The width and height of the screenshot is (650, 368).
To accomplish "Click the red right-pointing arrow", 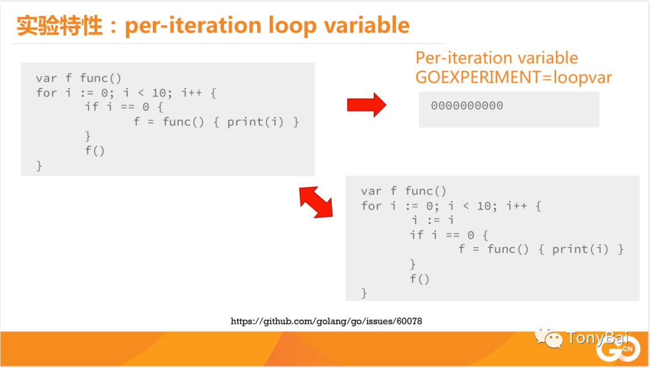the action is [x=367, y=105].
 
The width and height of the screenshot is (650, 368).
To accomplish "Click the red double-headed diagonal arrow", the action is [x=316, y=202].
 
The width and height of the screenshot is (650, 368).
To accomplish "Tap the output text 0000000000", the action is [x=467, y=106].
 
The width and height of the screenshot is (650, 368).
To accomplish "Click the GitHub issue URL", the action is [x=326, y=321].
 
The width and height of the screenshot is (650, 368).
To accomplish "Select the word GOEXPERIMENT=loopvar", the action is [x=513, y=77].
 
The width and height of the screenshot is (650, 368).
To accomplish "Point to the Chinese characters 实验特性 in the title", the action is [x=59, y=25].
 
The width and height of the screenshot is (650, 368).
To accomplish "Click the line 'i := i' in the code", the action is [x=433, y=220].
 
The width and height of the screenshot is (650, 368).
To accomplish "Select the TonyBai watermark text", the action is [x=598, y=337].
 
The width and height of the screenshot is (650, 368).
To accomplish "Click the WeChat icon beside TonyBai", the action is [x=548, y=337].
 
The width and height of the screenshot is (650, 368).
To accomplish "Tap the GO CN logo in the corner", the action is [x=618, y=349].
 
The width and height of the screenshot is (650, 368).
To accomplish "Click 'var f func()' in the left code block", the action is [x=79, y=78].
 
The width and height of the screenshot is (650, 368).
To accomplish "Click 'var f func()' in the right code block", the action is [x=404, y=192].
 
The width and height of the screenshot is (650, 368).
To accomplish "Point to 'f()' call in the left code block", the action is [x=95, y=151].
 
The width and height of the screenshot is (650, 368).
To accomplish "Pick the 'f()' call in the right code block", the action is [x=420, y=279].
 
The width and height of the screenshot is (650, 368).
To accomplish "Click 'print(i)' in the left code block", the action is [x=255, y=122].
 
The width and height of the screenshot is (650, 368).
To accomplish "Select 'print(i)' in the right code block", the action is [x=580, y=249].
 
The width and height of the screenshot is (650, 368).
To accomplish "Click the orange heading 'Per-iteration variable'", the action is [x=497, y=58].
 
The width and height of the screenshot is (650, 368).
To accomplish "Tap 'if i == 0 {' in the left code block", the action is [x=124, y=107].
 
